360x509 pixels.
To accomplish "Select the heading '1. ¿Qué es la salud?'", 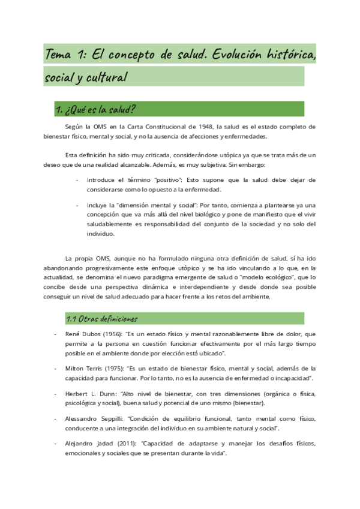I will [95, 109].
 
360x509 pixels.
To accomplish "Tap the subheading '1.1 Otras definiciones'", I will [101, 319].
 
